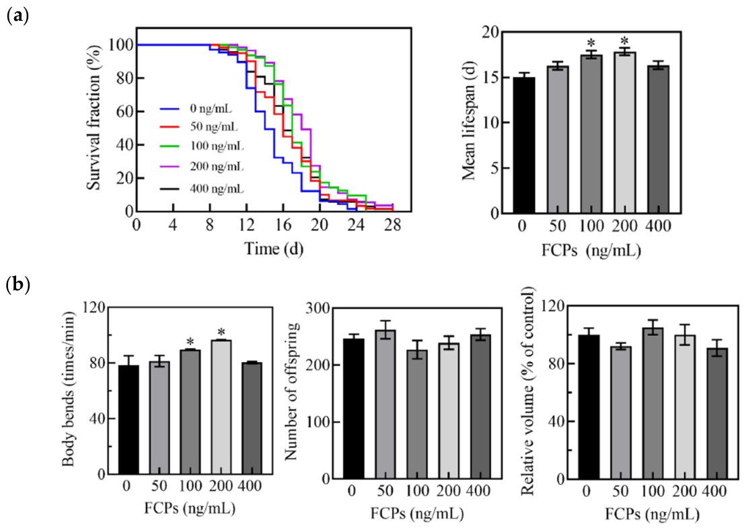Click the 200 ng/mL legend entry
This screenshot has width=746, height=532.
[201, 167]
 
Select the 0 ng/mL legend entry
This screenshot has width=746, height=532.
[196, 109]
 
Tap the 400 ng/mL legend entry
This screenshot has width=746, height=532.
[201, 189]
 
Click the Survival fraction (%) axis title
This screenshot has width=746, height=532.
[94, 118]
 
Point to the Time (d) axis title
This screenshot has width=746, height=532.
[274, 248]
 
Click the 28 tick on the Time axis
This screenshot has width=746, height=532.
[393, 224]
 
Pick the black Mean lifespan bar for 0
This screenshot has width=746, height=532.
[523, 145]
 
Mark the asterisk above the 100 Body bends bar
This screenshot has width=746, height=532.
[190, 341]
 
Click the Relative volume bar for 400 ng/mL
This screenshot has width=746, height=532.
[718, 413]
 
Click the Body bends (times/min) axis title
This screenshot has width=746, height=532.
[69, 390]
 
